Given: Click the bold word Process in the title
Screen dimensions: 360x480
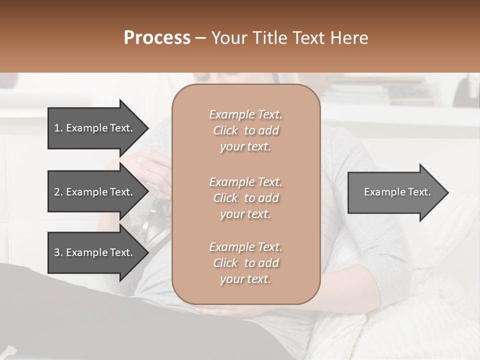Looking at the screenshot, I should [x=157, y=38].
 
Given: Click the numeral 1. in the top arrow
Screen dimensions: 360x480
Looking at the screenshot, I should [x=58, y=128].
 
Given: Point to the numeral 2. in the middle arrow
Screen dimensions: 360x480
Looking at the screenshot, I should [x=58, y=192].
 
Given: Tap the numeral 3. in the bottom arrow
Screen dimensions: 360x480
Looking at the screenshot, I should [x=58, y=252].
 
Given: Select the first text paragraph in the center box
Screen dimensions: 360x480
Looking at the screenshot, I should [x=245, y=130].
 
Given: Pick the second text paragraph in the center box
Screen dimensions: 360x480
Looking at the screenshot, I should [x=245, y=197].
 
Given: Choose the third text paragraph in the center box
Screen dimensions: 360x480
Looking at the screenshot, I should [x=245, y=263].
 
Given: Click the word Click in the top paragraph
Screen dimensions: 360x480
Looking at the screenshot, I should [x=225, y=131].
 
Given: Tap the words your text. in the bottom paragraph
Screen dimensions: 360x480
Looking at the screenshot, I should [x=245, y=279].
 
